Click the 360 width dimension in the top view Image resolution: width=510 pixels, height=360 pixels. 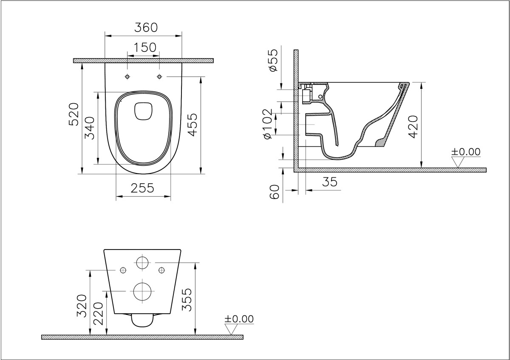(x=146, y=28)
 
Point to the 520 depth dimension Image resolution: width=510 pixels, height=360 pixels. (x=74, y=114)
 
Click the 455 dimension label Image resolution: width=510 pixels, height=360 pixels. (x=192, y=124)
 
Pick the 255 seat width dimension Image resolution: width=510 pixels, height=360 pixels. (x=142, y=188)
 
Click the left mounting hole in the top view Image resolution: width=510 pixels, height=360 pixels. (x=127, y=77)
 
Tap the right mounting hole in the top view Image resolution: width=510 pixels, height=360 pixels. (x=159, y=77)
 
